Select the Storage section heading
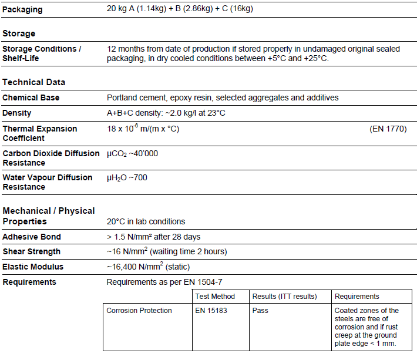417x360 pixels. (19, 33)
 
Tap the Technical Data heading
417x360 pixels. (33, 82)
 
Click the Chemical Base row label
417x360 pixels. (31, 97)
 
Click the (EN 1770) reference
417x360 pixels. (388, 129)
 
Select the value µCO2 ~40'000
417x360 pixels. (132, 154)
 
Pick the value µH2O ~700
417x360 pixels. (127, 177)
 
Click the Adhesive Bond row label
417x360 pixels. (32, 237)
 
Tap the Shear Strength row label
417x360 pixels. (31, 251)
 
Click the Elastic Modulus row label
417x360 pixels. (33, 267)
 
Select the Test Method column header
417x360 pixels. (215, 297)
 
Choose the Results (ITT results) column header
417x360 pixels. (284, 297)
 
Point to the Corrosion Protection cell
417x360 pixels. (139, 311)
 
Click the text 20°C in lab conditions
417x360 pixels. (146, 221)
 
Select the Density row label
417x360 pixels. (17, 113)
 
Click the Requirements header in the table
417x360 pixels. (357, 297)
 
